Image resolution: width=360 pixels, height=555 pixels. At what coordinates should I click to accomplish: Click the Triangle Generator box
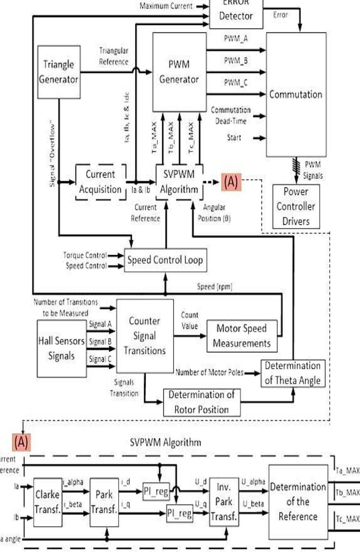pos(58,72)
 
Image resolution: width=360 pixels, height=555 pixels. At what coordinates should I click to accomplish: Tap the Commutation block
pos(296,94)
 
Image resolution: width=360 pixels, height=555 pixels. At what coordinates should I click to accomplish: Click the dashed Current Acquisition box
pos(101,182)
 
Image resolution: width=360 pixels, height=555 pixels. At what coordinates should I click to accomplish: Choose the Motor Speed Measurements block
pos(242,335)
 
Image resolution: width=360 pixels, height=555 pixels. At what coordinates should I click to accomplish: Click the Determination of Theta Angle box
pos(293,373)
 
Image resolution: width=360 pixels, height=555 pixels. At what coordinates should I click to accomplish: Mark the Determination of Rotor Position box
pos(202,402)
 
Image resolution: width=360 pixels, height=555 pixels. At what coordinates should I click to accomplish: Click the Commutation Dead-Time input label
pos(230,113)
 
